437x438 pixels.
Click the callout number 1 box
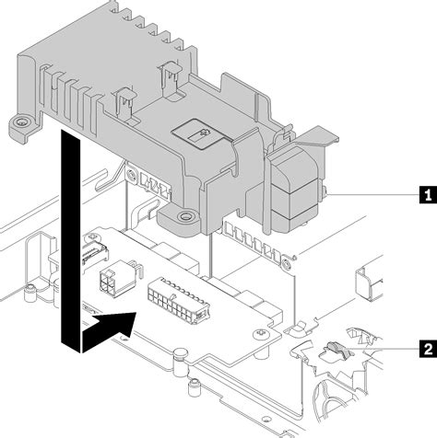point(426,194)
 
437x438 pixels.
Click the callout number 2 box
point(426,349)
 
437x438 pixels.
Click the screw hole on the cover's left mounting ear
point(18,122)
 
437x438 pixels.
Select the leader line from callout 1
point(369,194)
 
